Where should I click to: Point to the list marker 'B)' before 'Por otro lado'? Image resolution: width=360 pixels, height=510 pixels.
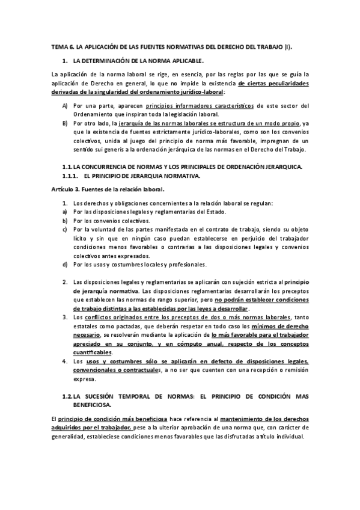pos(65,123)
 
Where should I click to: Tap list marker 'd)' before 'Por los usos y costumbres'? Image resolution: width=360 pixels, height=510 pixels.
pos(65,264)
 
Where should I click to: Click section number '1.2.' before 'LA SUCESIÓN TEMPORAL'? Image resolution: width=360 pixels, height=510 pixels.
pos(67,398)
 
